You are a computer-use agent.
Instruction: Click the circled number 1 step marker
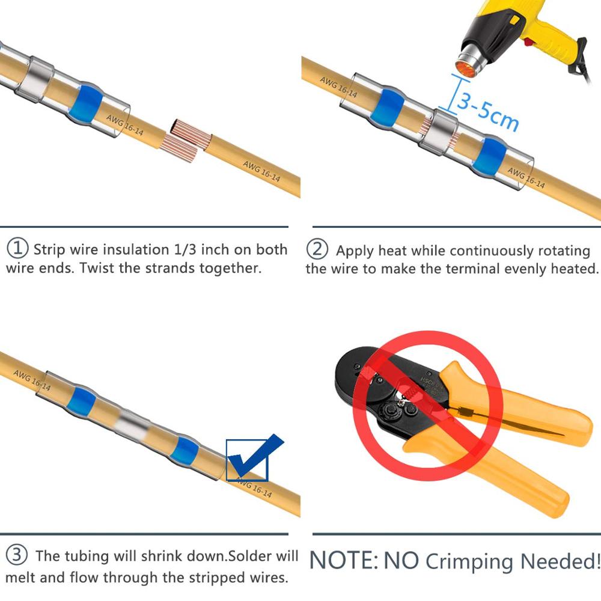pyautogui.click(x=17, y=248)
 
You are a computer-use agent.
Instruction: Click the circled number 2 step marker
pyautogui.click(x=317, y=249)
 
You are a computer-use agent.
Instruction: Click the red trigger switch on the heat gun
pyautogui.click(x=529, y=41)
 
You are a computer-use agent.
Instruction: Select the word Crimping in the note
pyautogui.click(x=471, y=562)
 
